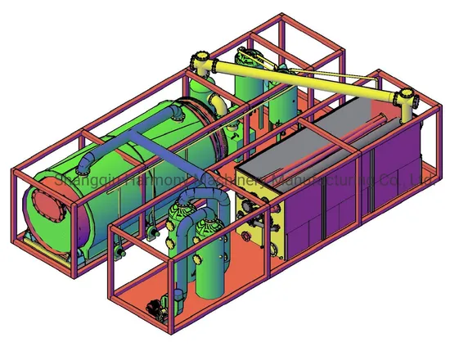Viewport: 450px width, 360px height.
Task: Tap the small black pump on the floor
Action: point(152,308)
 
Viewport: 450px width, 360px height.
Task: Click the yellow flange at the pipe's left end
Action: point(199,63)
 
